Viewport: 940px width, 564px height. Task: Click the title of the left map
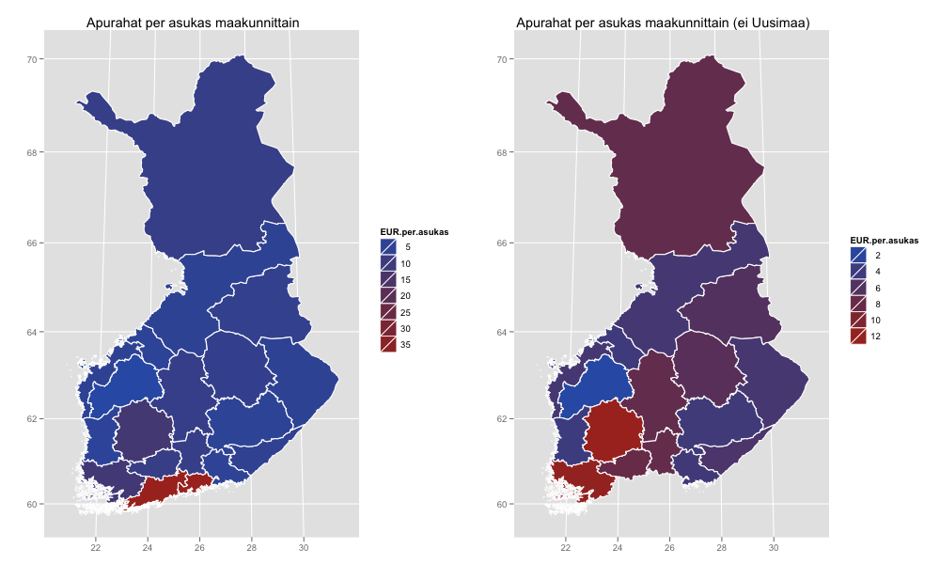pyautogui.click(x=193, y=23)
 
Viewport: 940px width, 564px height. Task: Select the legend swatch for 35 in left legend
pyautogui.click(x=388, y=345)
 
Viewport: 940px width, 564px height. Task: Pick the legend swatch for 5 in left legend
pyautogui.click(x=388, y=247)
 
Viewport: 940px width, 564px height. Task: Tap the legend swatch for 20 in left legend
pyautogui.click(x=388, y=295)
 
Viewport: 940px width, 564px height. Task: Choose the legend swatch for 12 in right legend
pyautogui.click(x=858, y=337)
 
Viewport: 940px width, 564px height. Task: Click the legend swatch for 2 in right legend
pyautogui.click(x=858, y=256)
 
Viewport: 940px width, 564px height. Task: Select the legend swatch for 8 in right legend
pyautogui.click(x=858, y=304)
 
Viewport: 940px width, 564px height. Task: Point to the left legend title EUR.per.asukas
pyautogui.click(x=415, y=232)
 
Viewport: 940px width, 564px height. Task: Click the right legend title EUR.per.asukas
pyautogui.click(x=885, y=241)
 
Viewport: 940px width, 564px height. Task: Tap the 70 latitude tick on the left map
pyautogui.click(x=31, y=59)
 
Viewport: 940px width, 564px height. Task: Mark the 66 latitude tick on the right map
pyautogui.click(x=501, y=243)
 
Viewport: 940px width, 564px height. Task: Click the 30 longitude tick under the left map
pyautogui.click(x=304, y=547)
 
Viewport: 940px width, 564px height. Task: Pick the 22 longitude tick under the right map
pyautogui.click(x=565, y=547)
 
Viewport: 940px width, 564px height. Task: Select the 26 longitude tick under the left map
pyautogui.click(x=199, y=547)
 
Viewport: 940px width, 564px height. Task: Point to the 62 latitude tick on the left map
pyautogui.click(x=31, y=419)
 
